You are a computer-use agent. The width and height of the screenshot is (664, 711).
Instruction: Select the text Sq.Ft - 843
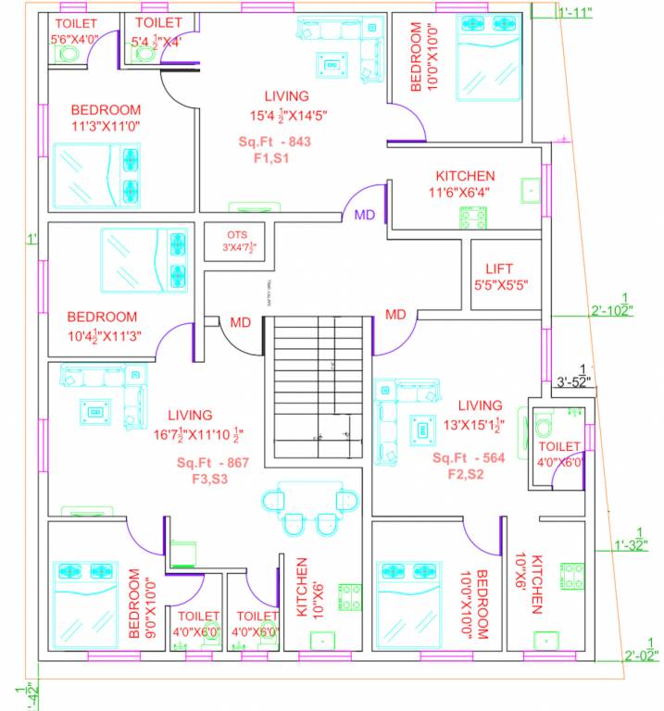pos(274,142)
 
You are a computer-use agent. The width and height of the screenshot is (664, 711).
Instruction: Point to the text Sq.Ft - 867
pos(212,462)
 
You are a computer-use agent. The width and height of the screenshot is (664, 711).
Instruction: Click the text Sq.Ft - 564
pos(469,458)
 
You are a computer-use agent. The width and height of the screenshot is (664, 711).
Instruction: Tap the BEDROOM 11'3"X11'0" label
pos(106,117)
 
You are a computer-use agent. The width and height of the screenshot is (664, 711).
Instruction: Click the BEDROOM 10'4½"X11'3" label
pos(102,326)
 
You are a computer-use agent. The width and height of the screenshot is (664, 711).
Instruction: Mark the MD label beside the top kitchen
pos(365,215)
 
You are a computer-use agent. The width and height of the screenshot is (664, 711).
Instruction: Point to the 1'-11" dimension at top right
pos(576,12)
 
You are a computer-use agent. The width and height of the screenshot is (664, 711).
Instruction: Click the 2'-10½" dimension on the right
pos(611,309)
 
